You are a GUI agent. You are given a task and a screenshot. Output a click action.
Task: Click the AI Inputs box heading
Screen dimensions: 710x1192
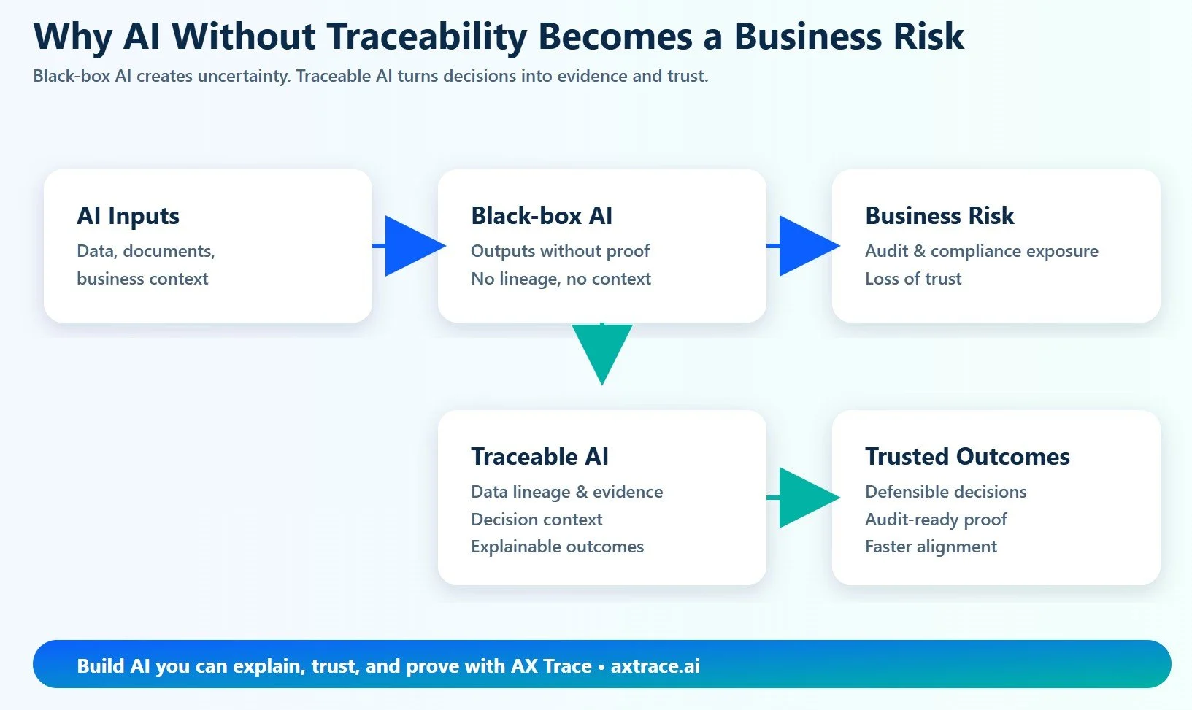[128, 216]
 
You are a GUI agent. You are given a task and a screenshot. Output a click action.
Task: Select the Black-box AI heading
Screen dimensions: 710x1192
[542, 216]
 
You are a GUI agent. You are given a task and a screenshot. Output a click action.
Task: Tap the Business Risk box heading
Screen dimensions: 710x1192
[939, 216]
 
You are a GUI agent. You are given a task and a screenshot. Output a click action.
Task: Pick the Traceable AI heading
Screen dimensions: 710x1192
[539, 457]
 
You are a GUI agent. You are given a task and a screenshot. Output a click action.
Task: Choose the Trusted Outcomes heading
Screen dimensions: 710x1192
[967, 457]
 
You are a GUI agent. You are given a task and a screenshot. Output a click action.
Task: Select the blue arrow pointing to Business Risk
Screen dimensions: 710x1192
[806, 246]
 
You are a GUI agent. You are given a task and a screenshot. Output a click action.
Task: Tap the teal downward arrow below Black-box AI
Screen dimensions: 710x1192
[601, 352]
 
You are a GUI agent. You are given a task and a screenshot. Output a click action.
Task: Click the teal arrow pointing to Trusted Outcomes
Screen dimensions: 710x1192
[806, 498]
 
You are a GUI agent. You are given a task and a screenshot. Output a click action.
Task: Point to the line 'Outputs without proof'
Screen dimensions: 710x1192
[560, 251]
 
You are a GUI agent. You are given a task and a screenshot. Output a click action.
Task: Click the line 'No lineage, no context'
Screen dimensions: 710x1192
[561, 279]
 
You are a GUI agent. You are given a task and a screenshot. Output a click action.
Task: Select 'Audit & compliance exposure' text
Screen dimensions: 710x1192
[981, 251]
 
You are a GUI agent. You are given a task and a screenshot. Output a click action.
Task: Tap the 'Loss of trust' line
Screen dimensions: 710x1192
[913, 279]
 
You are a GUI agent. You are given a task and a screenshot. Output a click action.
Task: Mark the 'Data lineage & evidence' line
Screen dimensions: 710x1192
[566, 492]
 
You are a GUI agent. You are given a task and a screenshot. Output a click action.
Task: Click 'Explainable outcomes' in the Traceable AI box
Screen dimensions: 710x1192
[557, 547]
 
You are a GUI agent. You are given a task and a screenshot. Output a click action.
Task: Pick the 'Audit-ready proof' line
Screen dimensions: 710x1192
[936, 520]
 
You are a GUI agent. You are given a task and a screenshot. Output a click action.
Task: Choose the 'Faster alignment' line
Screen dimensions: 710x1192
[931, 547]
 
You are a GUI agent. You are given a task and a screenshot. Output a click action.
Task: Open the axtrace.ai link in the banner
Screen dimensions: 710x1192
[655, 665]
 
